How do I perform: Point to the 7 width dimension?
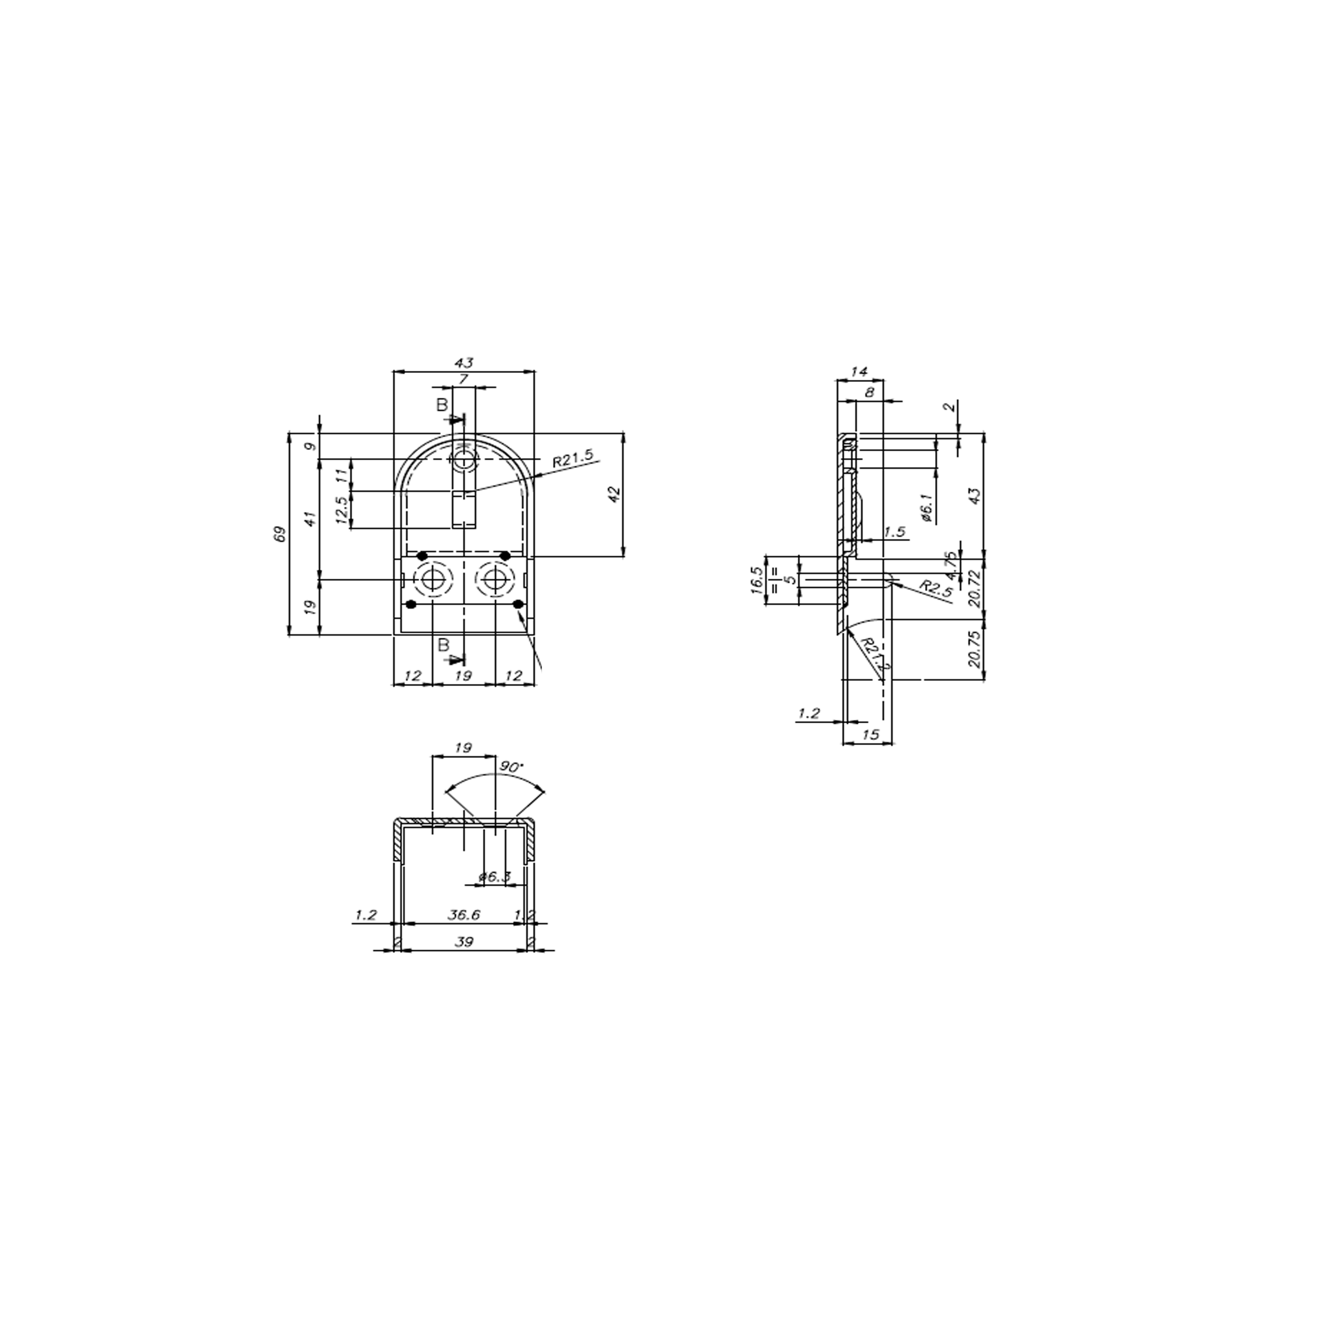click(x=464, y=378)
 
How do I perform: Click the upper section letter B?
click(x=442, y=405)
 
